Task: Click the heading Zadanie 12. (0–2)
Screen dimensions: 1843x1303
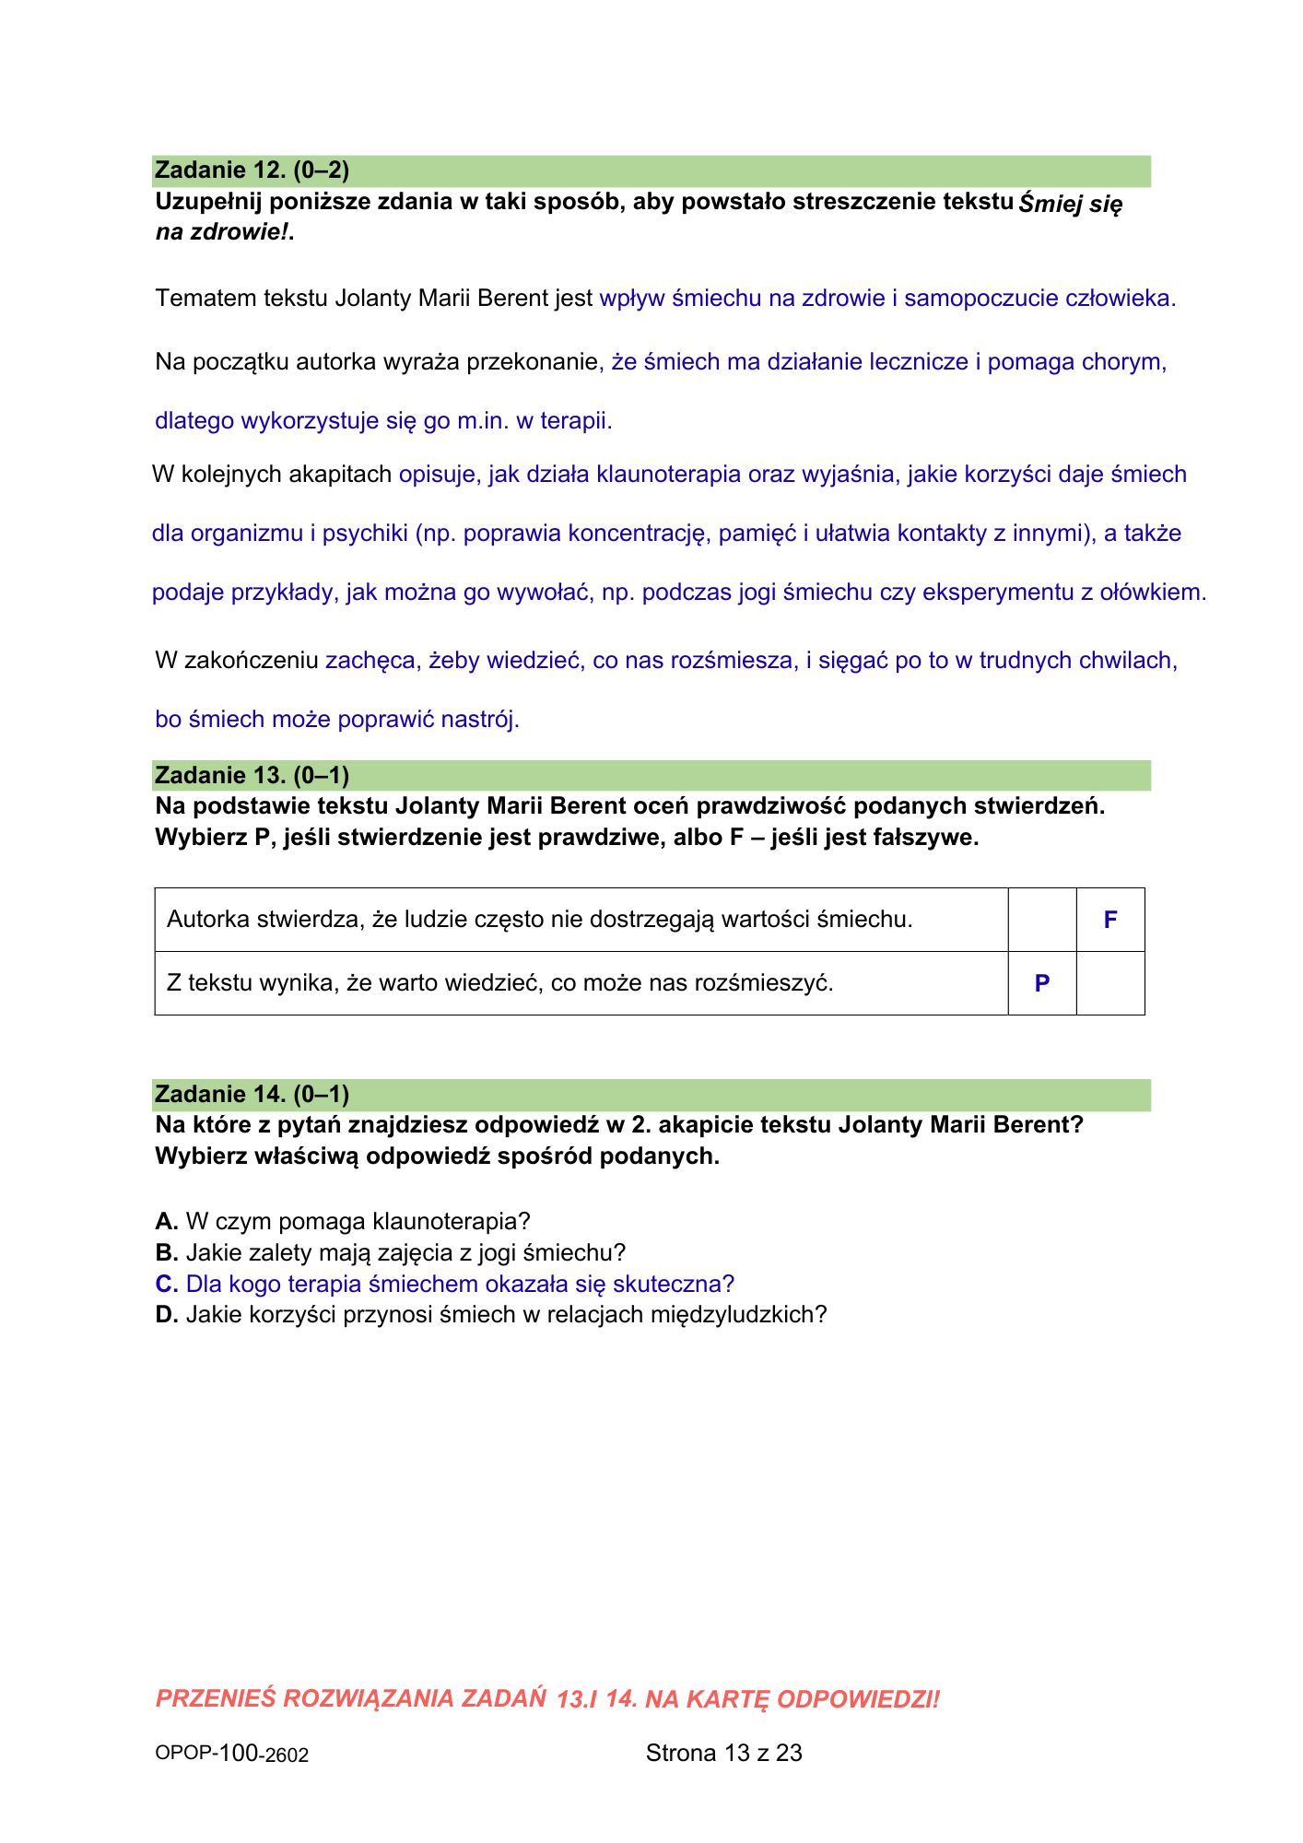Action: coord(252,170)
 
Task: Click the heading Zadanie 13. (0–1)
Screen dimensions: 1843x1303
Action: coord(252,775)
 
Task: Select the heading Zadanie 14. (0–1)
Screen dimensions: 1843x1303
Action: coord(252,1094)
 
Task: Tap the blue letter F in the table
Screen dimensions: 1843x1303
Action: coord(1110,920)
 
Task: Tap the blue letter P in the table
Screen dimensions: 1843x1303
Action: coord(1042,983)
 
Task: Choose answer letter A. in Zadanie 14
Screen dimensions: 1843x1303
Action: coord(166,1221)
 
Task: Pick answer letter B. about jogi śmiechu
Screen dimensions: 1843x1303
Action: coord(166,1252)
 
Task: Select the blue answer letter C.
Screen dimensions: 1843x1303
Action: coord(166,1284)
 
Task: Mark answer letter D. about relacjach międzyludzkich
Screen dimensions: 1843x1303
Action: coord(166,1314)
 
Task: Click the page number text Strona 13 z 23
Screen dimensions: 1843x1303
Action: coord(723,1753)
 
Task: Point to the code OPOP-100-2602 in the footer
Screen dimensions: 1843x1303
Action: coord(231,1754)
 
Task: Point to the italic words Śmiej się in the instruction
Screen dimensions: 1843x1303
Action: coord(1071,204)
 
